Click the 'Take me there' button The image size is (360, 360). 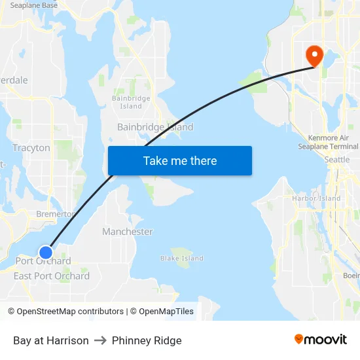pos(180,160)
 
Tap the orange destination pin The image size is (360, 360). pos(314,55)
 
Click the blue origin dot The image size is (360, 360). pos(46,252)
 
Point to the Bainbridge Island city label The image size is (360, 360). pos(155,127)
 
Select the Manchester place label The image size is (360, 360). pos(128,232)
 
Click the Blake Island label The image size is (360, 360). pos(182,259)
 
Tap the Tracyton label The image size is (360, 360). pos(31,148)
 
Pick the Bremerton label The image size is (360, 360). pos(55,214)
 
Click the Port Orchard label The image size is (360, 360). pos(43,261)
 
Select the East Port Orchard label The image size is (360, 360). pos(52,276)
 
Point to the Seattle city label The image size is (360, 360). pos(337,160)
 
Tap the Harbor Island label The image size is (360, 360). pos(316,198)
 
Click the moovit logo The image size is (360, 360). pos(321,340)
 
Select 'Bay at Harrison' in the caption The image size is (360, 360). pos(50,340)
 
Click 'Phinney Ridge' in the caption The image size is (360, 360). pos(147,340)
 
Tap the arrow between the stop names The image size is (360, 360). pos(100,340)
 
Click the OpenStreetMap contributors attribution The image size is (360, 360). pos(65,312)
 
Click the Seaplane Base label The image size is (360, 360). pos(34,5)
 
